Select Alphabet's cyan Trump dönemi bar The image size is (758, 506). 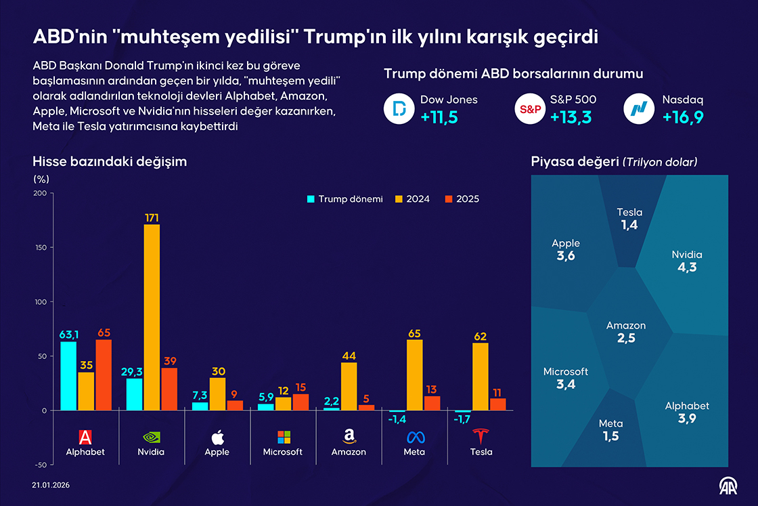[x=68, y=376]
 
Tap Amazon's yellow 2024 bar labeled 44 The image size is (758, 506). [x=349, y=386]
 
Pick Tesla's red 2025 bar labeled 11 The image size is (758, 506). [x=497, y=404]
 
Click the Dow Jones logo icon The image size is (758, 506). [x=399, y=109]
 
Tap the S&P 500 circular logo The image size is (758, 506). [x=530, y=109]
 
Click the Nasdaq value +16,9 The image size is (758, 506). [x=683, y=117]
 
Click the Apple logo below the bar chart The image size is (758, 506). [x=217, y=436]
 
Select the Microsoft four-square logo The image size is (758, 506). [x=283, y=436]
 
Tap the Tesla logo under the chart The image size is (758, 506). [x=481, y=436]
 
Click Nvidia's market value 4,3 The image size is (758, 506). [x=686, y=267]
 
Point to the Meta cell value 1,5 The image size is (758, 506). [x=610, y=436]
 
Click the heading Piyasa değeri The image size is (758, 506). [x=576, y=162]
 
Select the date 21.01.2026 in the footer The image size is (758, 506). [x=51, y=485]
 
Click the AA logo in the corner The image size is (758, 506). [x=728, y=486]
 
